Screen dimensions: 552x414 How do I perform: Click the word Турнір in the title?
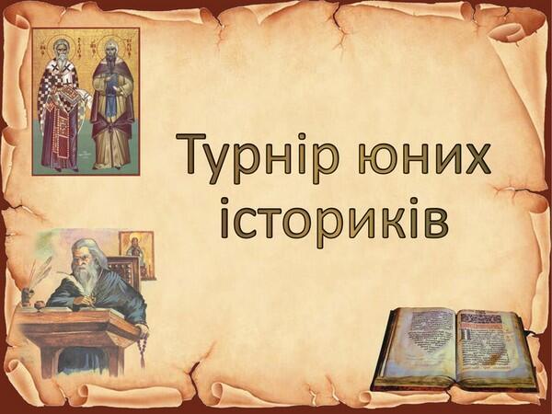pyautogui.click(x=258, y=157)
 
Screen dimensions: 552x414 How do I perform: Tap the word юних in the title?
pyautogui.click(x=424, y=158)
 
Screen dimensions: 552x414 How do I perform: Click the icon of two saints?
pyautogui.click(x=86, y=102)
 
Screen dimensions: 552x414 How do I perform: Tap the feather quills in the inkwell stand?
pyautogui.click(x=40, y=274)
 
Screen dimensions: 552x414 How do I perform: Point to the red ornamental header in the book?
pyautogui.click(x=480, y=318)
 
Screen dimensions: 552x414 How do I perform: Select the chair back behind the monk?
pyautogui.click(x=124, y=271)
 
